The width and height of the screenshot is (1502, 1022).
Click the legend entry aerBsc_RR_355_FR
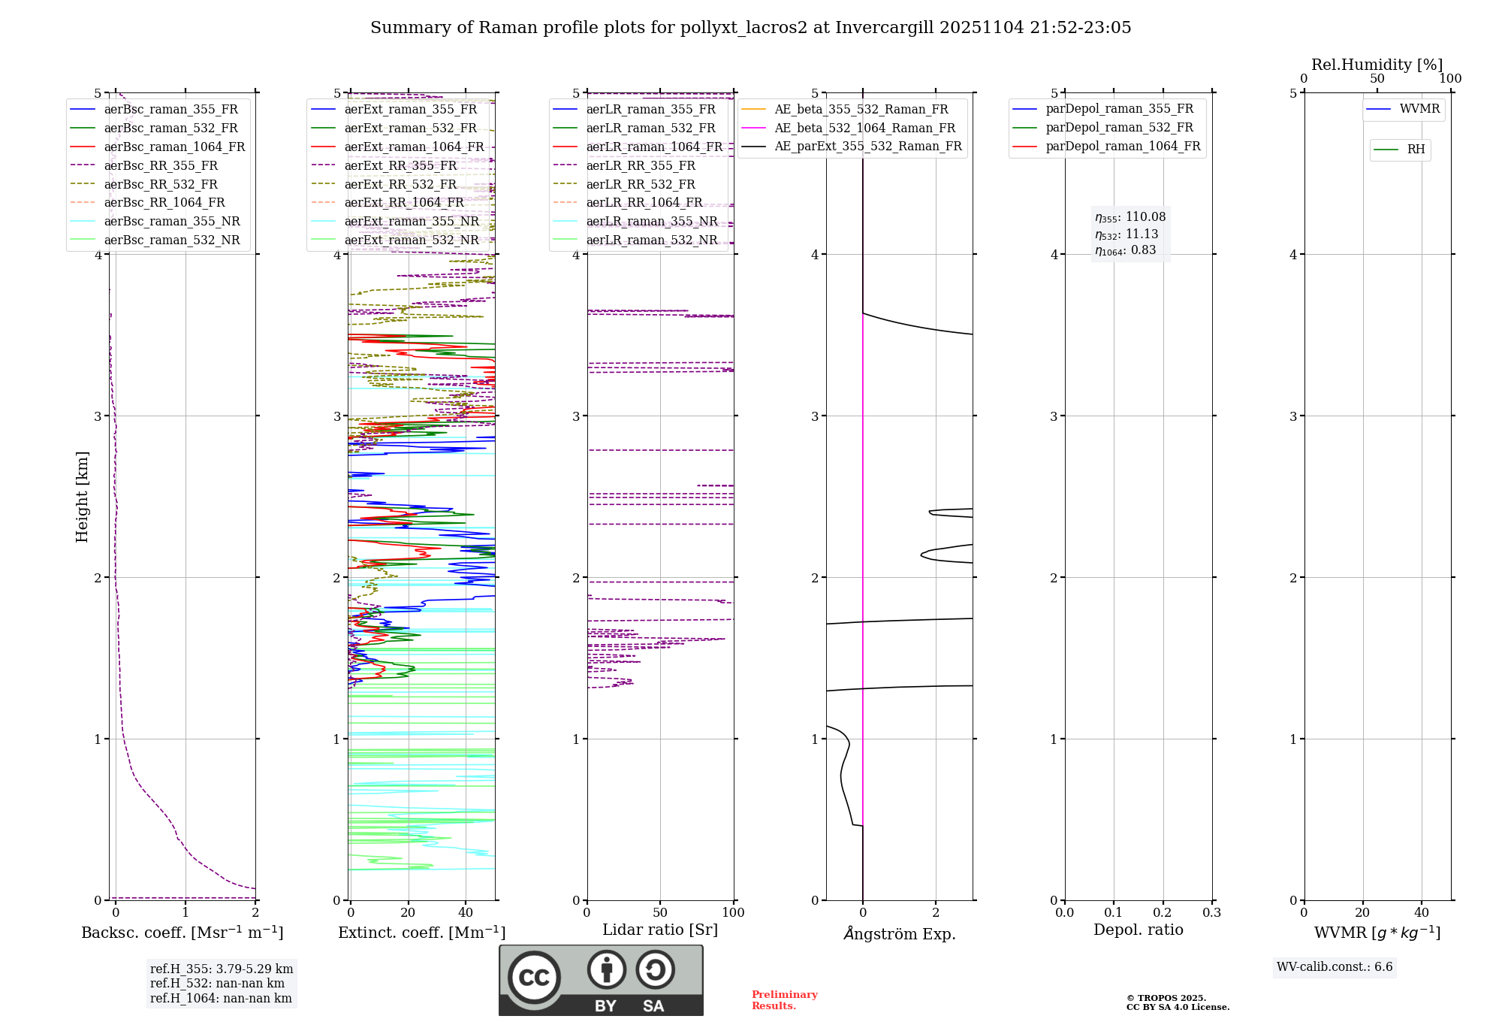(x=161, y=165)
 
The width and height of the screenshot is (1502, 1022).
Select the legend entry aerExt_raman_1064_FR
(x=414, y=147)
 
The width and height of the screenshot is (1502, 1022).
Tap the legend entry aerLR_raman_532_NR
(x=651, y=240)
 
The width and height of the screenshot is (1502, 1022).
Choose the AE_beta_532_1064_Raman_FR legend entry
(x=864, y=128)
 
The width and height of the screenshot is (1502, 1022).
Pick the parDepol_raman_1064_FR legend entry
(x=1123, y=146)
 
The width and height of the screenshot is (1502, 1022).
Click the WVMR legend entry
(x=1419, y=109)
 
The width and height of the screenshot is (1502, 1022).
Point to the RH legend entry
(x=1416, y=150)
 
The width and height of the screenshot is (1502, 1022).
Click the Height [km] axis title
(x=82, y=496)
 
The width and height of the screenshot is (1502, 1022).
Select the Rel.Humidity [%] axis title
(x=1377, y=65)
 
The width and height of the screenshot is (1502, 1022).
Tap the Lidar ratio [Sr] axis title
(x=660, y=930)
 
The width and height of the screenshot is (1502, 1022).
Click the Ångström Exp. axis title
(x=899, y=933)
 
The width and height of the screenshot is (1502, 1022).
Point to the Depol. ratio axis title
(x=1138, y=930)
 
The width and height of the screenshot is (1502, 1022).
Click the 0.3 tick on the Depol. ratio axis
(x=1211, y=912)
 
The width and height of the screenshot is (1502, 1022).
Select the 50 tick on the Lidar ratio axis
(x=660, y=912)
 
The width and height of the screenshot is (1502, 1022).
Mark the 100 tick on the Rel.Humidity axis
(x=1450, y=79)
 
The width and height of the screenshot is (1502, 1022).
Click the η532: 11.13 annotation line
(x=1126, y=234)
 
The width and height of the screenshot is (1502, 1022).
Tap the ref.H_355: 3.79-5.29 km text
(x=222, y=969)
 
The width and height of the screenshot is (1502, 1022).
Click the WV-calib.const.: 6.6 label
(x=1335, y=967)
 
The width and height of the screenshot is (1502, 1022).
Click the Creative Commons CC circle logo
(x=534, y=978)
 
